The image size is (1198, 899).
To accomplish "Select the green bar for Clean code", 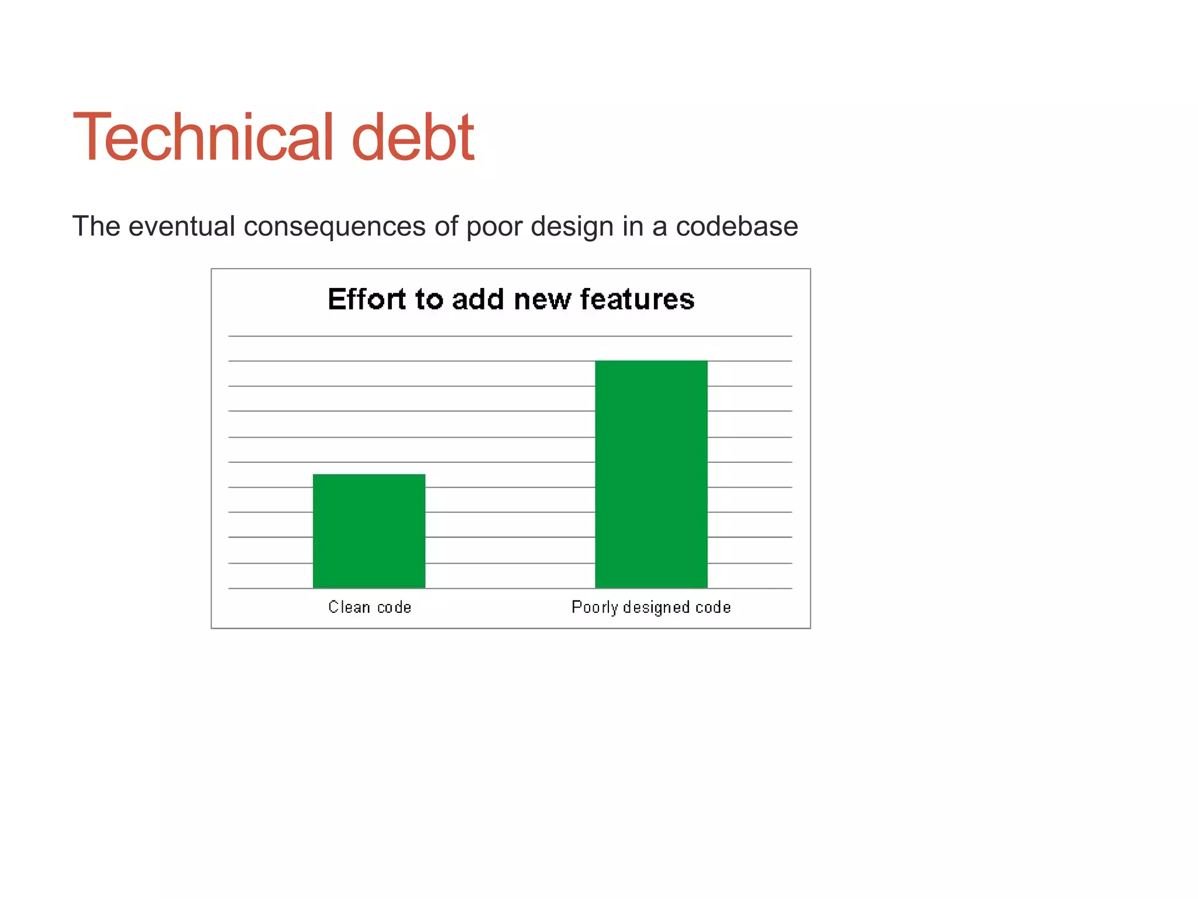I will [x=369, y=531].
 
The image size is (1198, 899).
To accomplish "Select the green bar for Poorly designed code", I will [x=651, y=474].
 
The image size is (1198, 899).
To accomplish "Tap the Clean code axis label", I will [x=370, y=607].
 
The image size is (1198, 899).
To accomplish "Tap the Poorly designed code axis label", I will [x=651, y=608].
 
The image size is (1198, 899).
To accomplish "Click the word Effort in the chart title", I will [x=367, y=299].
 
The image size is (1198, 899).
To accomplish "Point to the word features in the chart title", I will [x=637, y=299].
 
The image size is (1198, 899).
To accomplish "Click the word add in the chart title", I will [x=478, y=299].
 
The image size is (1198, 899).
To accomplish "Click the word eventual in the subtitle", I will [x=181, y=226].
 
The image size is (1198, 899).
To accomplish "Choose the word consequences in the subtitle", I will [x=334, y=227].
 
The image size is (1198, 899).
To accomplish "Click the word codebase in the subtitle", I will [x=736, y=226].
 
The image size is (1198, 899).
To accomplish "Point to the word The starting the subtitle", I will [x=96, y=226].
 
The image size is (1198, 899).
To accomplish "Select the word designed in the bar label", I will [x=656, y=608].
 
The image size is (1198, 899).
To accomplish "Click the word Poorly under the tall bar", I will [x=594, y=608].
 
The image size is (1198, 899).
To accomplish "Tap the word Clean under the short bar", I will [x=349, y=607].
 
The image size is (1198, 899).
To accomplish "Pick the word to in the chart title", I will [x=429, y=299].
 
